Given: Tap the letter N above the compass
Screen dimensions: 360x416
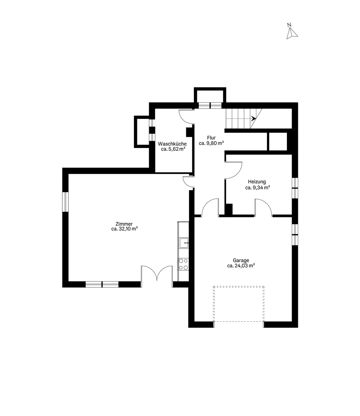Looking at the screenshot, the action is (289, 25).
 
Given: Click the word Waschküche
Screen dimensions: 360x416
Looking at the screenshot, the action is (172, 144).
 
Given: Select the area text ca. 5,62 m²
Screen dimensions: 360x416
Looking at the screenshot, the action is (173, 149).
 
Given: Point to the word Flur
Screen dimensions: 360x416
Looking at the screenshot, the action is (211, 138).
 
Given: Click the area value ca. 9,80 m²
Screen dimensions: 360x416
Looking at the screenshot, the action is (212, 143).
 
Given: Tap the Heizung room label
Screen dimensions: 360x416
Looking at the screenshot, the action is (257, 182).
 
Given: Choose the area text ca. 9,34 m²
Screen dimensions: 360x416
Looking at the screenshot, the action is (258, 188).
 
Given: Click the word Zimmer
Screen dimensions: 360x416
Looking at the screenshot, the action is (124, 224).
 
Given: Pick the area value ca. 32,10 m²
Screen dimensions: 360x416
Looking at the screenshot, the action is (125, 229).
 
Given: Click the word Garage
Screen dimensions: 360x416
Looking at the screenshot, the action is (241, 260).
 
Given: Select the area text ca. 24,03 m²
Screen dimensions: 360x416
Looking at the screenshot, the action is (241, 266).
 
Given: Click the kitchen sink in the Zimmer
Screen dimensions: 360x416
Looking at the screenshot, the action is (184, 243).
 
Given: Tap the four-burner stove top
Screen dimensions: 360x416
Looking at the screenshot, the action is (183, 264).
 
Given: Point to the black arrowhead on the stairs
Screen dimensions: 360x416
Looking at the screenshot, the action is (253, 119).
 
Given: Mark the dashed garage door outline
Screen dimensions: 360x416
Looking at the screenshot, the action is (239, 306).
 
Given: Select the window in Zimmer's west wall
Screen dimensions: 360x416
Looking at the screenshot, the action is (65, 202).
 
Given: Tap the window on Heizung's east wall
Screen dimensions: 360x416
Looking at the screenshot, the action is (295, 188).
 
